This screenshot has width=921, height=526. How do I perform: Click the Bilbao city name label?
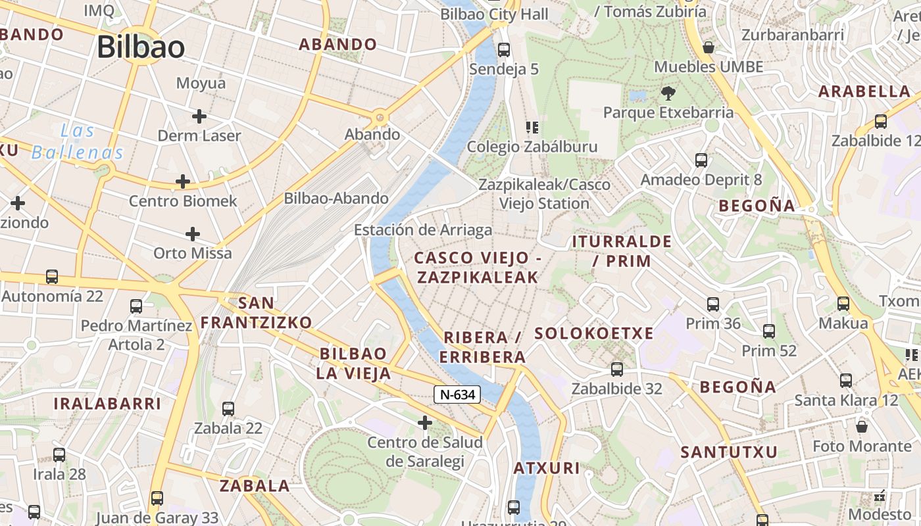[141, 47]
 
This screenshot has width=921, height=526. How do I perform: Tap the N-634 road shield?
[457, 394]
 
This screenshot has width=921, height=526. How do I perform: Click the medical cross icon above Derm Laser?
[199, 116]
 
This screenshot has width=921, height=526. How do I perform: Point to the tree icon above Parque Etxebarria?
[668, 93]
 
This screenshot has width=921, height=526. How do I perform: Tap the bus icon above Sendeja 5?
[504, 49]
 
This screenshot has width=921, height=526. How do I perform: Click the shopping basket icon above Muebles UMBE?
[709, 47]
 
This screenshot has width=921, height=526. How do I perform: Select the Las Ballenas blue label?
[78, 141]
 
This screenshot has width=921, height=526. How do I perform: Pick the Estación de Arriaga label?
[423, 230]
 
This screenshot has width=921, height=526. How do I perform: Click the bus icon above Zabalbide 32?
[616, 369]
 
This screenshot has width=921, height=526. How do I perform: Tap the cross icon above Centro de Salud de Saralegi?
[425, 422]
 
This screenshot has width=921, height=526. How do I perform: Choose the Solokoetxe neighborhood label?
[594, 333]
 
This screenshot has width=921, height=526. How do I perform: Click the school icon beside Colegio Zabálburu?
[532, 127]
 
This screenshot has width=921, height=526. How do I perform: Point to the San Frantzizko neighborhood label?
[256, 312]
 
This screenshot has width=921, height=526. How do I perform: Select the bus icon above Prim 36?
[713, 304]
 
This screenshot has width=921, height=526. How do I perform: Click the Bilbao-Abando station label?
[336, 198]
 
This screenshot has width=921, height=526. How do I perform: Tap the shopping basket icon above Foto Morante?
[862, 427]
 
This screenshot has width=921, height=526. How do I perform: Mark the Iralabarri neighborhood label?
[107, 403]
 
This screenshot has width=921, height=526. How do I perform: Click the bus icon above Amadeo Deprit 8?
[701, 160]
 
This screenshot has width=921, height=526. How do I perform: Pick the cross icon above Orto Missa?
[192, 234]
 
